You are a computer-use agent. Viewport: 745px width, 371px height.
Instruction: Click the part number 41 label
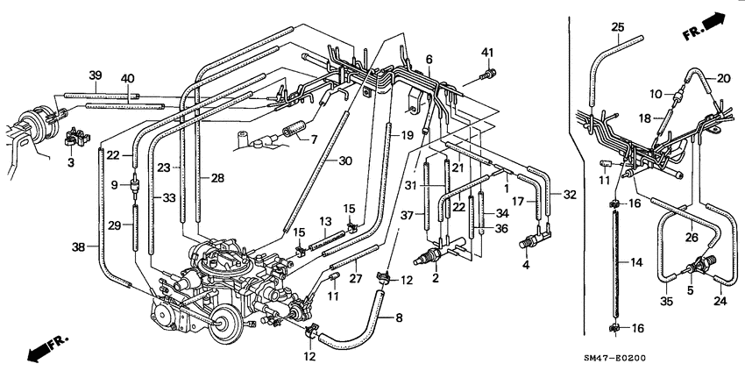(x=487, y=53)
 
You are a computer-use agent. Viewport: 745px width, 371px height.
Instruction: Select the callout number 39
(x=96, y=75)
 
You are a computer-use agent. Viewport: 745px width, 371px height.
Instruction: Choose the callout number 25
(x=618, y=28)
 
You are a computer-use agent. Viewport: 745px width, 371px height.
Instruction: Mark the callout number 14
(x=638, y=261)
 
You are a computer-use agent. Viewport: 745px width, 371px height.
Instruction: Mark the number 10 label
(x=656, y=93)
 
